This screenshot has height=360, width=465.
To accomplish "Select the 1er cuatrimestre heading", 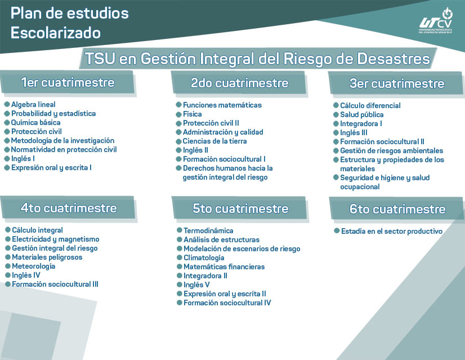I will coord(68,83).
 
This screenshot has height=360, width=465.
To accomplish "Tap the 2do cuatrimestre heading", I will coord(239,83).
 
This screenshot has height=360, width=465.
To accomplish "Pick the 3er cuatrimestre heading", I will coord(396,84).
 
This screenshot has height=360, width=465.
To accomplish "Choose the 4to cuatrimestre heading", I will coord(68,208).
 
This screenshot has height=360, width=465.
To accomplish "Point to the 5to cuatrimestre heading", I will coord(240,208).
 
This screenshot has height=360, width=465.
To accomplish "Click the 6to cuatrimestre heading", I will coord(397,209).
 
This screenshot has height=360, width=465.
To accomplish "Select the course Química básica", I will coord(35,123).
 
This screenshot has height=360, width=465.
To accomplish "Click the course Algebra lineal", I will coord(33,105).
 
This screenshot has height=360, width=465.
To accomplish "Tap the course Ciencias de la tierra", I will coord(214,141).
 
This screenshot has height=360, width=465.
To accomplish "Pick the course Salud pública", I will coord(361,115).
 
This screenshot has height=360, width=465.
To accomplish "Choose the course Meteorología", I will coord(34,266).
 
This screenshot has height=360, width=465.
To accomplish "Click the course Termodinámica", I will coord(208,231).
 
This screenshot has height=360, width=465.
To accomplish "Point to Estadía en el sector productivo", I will coord(391,232).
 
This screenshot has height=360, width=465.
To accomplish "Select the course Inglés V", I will coord(196,285).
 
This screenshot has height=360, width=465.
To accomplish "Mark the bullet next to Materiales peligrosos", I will coord(7,257).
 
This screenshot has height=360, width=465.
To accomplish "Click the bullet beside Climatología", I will coord(179,258).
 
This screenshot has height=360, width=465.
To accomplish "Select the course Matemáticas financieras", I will coord(223,267).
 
